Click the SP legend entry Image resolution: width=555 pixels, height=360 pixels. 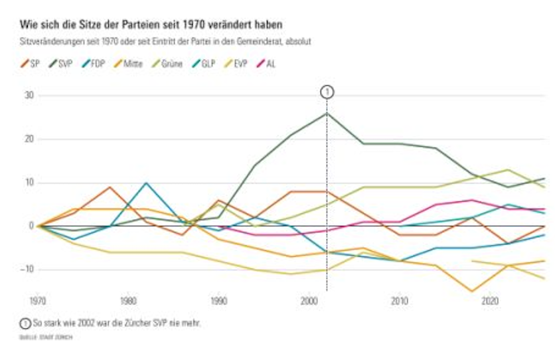(x=31, y=64)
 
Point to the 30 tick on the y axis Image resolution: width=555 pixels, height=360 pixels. (x=29, y=95)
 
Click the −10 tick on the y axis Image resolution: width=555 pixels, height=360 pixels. (x=27, y=270)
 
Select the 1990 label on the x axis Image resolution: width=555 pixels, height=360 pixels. (x=219, y=300)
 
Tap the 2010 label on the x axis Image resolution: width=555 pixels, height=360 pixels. (x=399, y=300)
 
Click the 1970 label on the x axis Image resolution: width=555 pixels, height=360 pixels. (x=39, y=300)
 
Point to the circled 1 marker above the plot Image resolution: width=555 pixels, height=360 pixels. (x=327, y=92)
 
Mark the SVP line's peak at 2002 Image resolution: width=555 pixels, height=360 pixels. (x=327, y=113)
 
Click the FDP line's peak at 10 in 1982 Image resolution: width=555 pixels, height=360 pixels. (x=147, y=183)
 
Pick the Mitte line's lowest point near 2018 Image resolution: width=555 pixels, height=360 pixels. (x=471, y=291)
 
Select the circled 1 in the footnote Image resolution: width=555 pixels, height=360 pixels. (x=25, y=323)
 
